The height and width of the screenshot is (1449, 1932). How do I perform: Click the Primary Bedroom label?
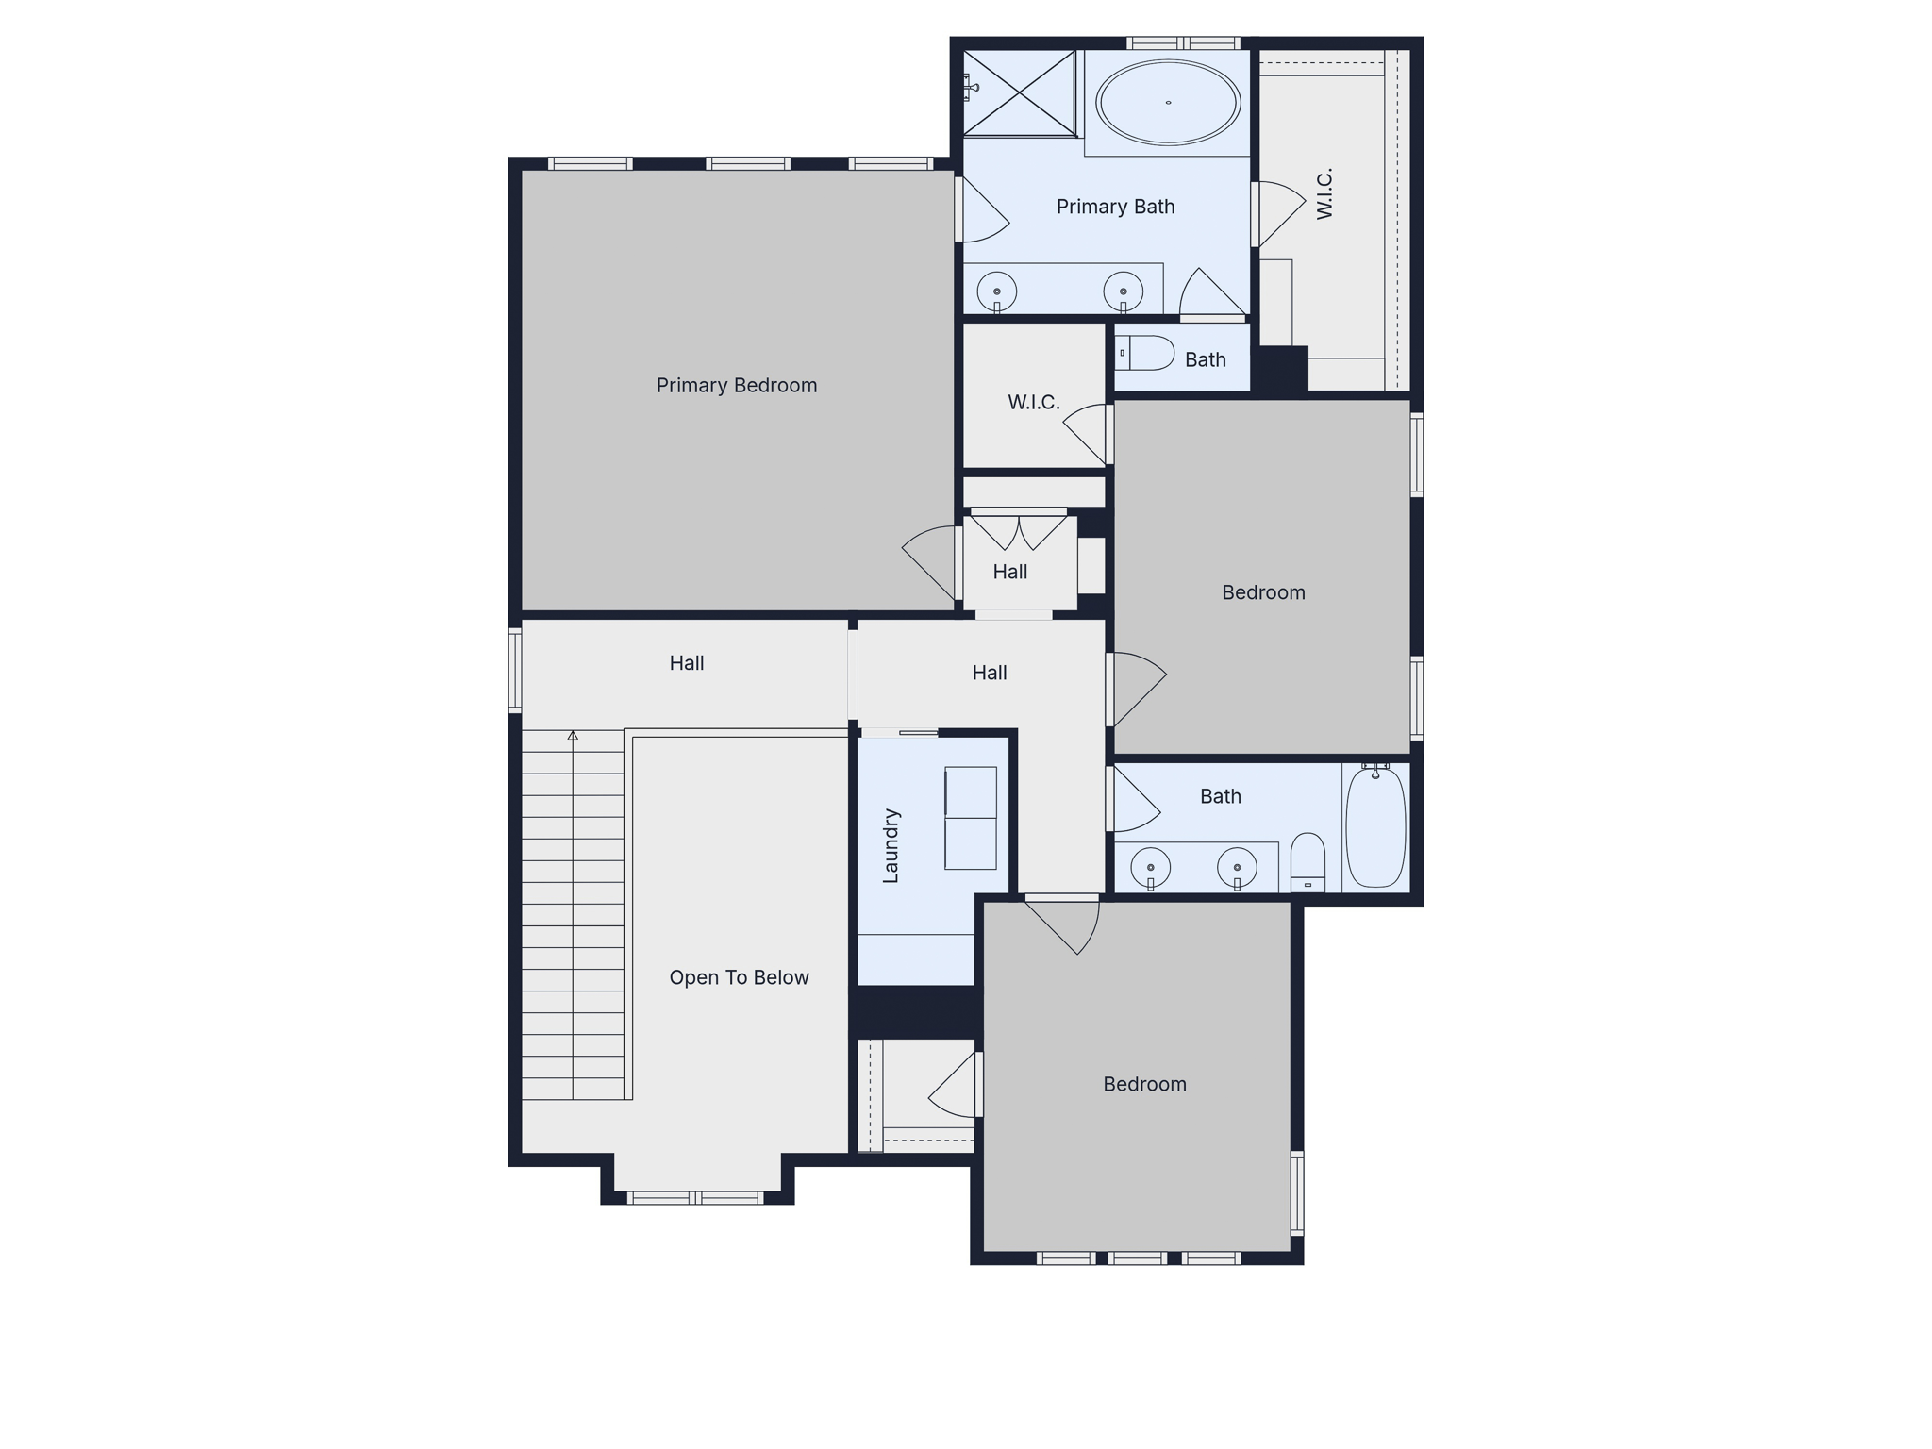736,385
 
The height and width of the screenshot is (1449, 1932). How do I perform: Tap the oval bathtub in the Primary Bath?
1168,102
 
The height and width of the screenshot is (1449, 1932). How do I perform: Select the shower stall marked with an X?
1019,92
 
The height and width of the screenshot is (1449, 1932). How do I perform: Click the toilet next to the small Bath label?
1145,353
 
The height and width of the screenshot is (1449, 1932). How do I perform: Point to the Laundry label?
891,845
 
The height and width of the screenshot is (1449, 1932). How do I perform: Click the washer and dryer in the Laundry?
971,818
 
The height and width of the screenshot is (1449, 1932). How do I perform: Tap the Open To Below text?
739,977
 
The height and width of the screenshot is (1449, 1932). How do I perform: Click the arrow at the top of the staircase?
573,736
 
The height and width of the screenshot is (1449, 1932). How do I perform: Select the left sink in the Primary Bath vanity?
996,291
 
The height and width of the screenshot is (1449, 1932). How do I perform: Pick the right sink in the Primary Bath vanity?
1123,291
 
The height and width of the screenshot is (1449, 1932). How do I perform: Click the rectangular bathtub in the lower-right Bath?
1375,827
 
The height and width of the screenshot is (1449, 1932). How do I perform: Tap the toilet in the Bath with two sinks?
1307,861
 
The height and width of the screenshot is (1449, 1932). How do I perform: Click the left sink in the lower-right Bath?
1151,866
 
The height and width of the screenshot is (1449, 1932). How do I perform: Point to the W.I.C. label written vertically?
1324,193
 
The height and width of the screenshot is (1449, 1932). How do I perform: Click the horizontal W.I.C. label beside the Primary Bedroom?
1033,403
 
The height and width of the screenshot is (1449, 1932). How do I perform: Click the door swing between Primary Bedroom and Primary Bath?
983,210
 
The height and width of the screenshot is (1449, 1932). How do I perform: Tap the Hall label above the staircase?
686,663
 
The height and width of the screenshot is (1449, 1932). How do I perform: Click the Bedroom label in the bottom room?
1144,1084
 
